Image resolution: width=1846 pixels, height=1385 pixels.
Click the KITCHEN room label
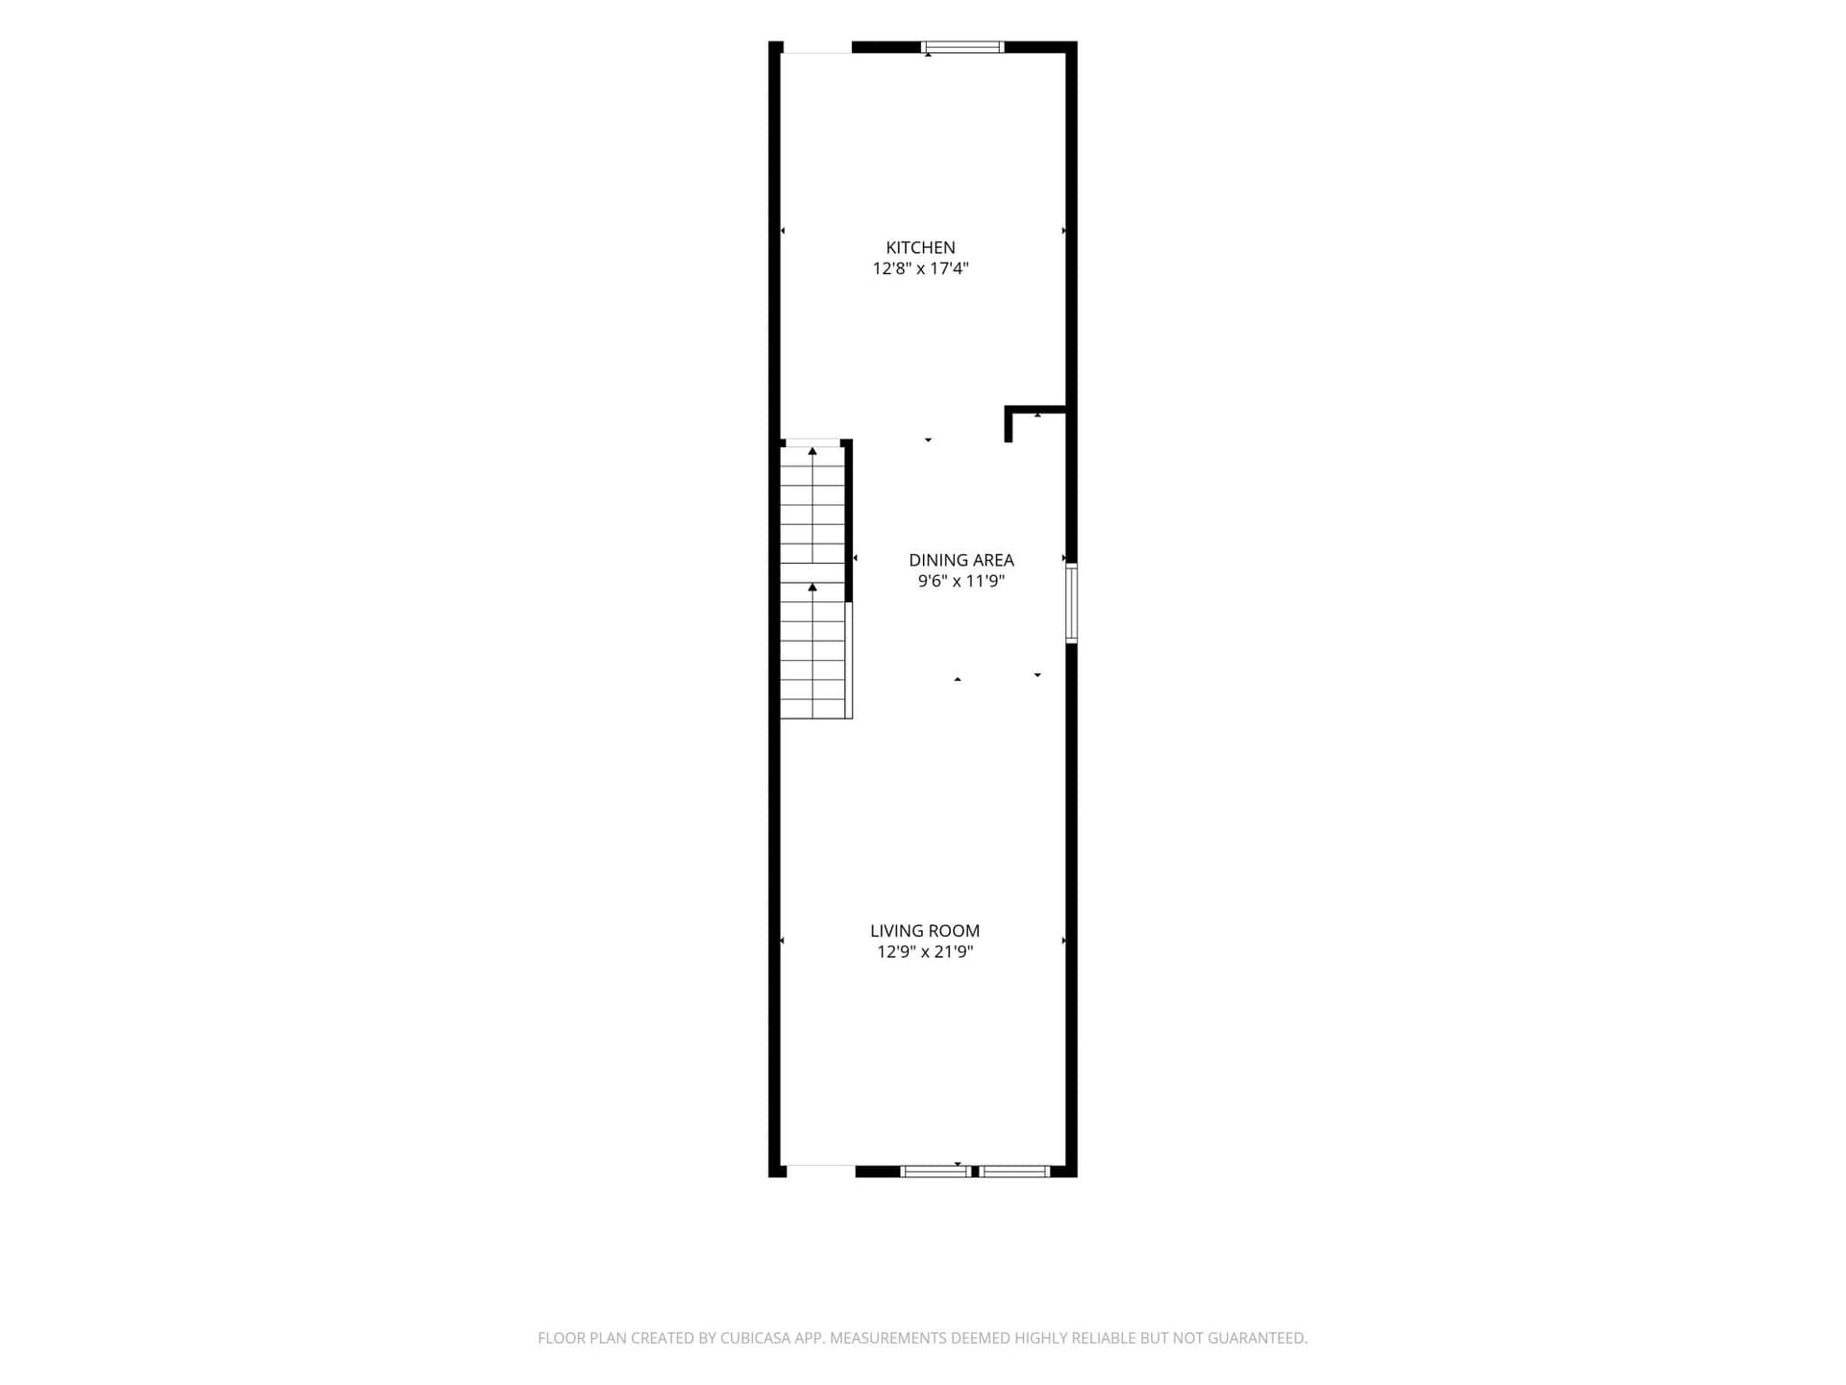(920, 247)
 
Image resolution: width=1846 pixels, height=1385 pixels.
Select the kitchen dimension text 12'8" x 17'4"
(920, 268)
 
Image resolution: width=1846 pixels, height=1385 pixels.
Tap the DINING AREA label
(961, 560)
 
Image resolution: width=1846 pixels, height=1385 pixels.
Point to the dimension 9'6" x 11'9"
(961, 581)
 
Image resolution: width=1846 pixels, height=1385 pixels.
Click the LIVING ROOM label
(925, 931)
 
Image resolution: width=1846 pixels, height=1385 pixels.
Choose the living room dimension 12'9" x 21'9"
(925, 952)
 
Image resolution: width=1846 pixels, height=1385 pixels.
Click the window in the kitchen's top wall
(962, 46)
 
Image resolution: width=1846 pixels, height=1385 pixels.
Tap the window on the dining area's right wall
(1071, 603)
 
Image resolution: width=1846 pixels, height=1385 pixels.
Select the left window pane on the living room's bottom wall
(935, 1171)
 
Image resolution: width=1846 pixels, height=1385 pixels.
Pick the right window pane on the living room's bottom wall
(1014, 1171)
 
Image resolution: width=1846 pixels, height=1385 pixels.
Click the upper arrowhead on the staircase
(812, 450)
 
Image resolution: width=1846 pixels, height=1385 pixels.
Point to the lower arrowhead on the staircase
(812, 586)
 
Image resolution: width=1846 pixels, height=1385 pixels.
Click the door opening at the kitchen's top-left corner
(816, 48)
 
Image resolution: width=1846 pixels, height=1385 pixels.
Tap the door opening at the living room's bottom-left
(821, 1171)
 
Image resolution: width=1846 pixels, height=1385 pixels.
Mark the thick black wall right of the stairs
(849, 520)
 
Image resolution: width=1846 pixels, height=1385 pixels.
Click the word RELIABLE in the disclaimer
(1103, 1338)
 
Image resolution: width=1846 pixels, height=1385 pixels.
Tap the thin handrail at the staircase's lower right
(849, 661)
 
